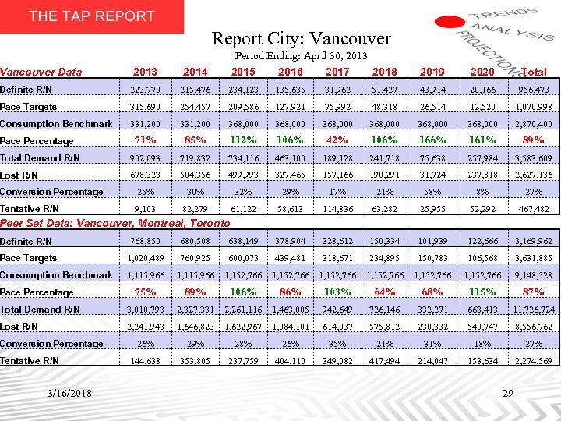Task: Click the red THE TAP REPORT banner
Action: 92,16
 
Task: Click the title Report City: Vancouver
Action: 302,37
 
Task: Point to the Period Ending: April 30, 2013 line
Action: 301,56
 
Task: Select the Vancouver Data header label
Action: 41,72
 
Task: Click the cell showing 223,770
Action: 144,90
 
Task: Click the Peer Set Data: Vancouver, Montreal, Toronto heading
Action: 115,223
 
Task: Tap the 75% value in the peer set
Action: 144,292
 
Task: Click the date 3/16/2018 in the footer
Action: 68,393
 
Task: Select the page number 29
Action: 507,393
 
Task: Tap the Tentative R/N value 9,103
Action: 144,209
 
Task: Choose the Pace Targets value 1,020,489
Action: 144,258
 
